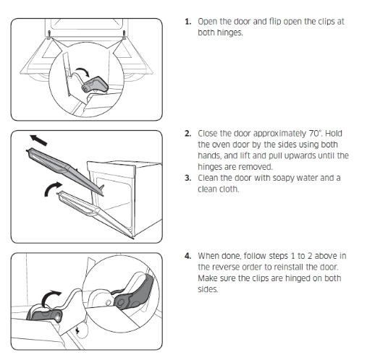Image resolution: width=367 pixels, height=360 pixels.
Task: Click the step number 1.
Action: pyautogui.click(x=188, y=22)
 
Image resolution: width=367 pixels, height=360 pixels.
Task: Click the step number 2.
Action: pyautogui.click(x=188, y=134)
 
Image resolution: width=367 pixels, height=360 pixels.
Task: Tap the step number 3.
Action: pyautogui.click(x=188, y=178)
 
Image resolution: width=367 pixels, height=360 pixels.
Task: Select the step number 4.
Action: pyautogui.click(x=188, y=256)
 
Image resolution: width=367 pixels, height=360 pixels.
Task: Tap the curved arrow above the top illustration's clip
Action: pyautogui.click(x=83, y=72)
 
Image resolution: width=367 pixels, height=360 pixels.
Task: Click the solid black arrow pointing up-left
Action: pyautogui.click(x=38, y=140)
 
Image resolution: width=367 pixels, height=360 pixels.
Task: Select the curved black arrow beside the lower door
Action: pyautogui.click(x=53, y=189)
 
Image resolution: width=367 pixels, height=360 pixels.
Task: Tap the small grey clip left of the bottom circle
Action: pyautogui.click(x=45, y=316)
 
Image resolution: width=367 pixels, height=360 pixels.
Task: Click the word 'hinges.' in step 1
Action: pyautogui.click(x=220, y=33)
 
